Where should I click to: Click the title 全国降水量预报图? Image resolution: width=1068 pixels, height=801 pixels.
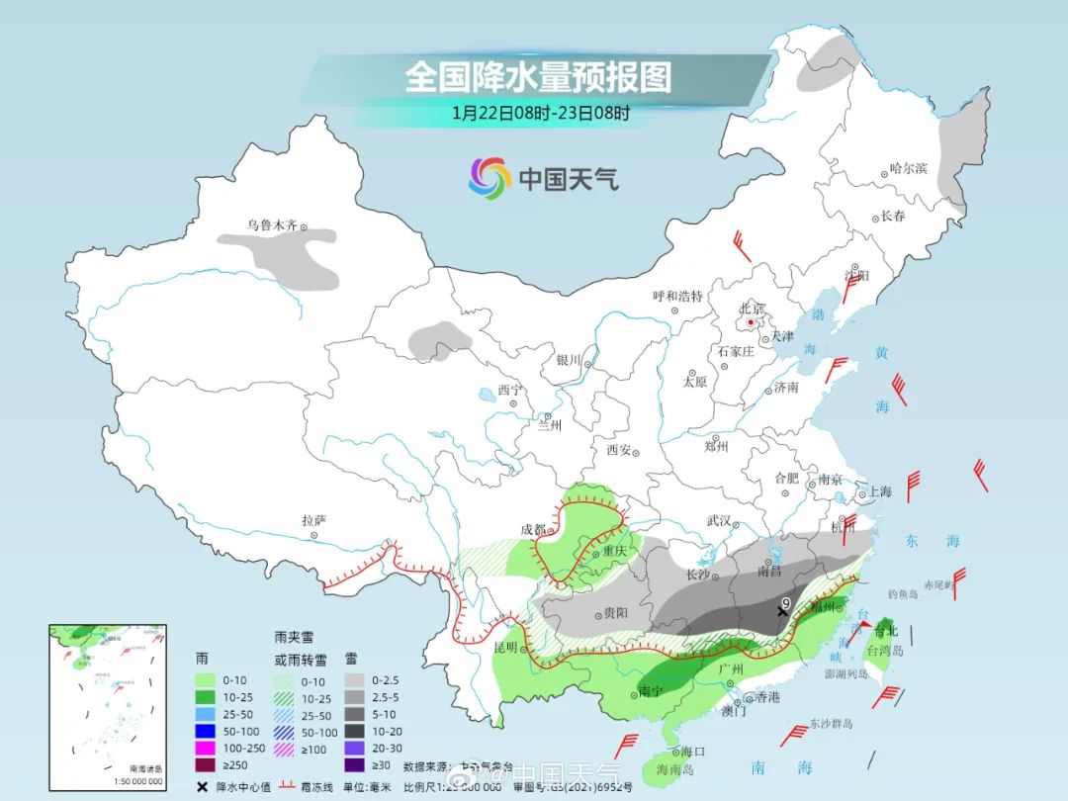[x=537, y=77]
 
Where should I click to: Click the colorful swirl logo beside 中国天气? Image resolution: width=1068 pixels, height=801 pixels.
[x=489, y=178]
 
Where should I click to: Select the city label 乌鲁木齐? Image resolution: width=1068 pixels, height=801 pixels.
[x=272, y=225]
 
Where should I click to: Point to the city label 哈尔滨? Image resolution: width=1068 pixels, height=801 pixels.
[x=909, y=169]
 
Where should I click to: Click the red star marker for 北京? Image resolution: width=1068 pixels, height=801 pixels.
[x=752, y=322]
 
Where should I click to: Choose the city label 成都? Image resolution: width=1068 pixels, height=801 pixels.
[x=534, y=530]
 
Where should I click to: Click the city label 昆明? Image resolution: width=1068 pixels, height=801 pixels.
[x=504, y=648]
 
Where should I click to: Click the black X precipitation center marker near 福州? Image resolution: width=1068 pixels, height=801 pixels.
[x=782, y=612]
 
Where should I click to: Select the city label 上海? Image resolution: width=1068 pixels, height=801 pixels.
[x=879, y=491]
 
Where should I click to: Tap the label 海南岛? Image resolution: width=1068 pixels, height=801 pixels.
[x=675, y=769]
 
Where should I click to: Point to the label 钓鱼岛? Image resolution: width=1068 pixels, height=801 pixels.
[x=905, y=594]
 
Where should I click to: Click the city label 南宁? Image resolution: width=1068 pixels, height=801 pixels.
[x=650, y=691]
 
